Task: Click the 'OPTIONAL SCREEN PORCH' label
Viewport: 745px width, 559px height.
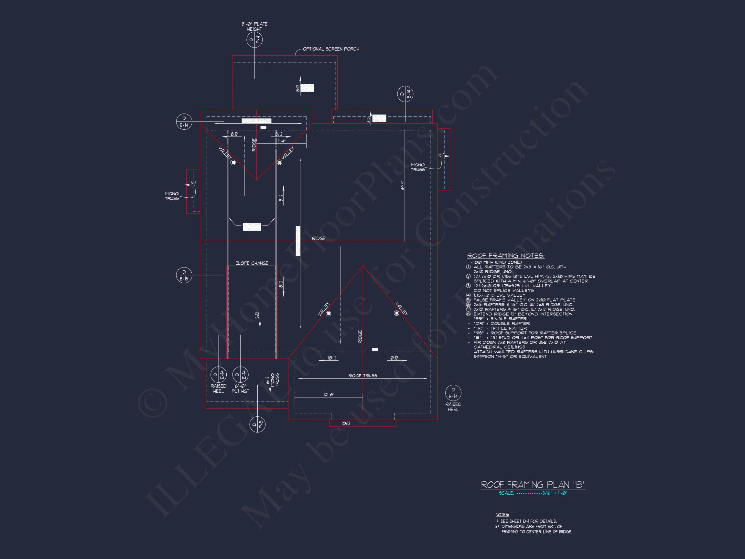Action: tap(331, 49)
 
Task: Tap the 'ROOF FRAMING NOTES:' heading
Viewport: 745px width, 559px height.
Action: tap(505, 256)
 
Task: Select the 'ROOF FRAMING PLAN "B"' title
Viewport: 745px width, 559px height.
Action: tap(533, 485)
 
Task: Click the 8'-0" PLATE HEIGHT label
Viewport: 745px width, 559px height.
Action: tap(254, 26)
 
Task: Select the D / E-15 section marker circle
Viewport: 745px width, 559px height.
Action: tap(184, 275)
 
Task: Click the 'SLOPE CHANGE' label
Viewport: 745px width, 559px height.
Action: tap(252, 263)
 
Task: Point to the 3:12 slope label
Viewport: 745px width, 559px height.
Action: tap(257, 315)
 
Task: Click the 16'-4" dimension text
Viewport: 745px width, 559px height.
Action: tap(402, 186)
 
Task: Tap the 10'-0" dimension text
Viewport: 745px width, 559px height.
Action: tap(329, 395)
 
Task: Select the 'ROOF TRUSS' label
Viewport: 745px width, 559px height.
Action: tap(362, 376)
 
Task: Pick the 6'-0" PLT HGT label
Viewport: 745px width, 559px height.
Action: tap(240, 389)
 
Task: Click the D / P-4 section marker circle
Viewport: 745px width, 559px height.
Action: tap(254, 40)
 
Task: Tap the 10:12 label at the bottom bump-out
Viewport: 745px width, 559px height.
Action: tap(346, 423)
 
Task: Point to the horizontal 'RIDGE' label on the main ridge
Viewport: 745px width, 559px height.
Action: tap(318, 238)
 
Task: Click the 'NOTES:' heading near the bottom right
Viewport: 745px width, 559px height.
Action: tap(502, 515)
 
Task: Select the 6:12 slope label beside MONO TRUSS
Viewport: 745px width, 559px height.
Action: tap(268, 380)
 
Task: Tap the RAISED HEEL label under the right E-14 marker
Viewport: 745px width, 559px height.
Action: tap(453, 407)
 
